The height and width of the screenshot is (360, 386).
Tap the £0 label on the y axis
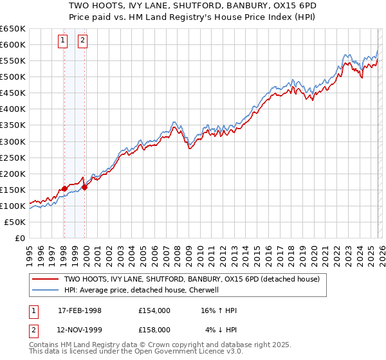point(19,238)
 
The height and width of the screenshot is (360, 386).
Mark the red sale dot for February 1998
point(64,188)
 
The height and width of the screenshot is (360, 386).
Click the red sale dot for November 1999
point(85,187)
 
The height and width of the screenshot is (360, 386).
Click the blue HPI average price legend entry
point(141,290)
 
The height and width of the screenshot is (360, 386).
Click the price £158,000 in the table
point(154,330)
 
